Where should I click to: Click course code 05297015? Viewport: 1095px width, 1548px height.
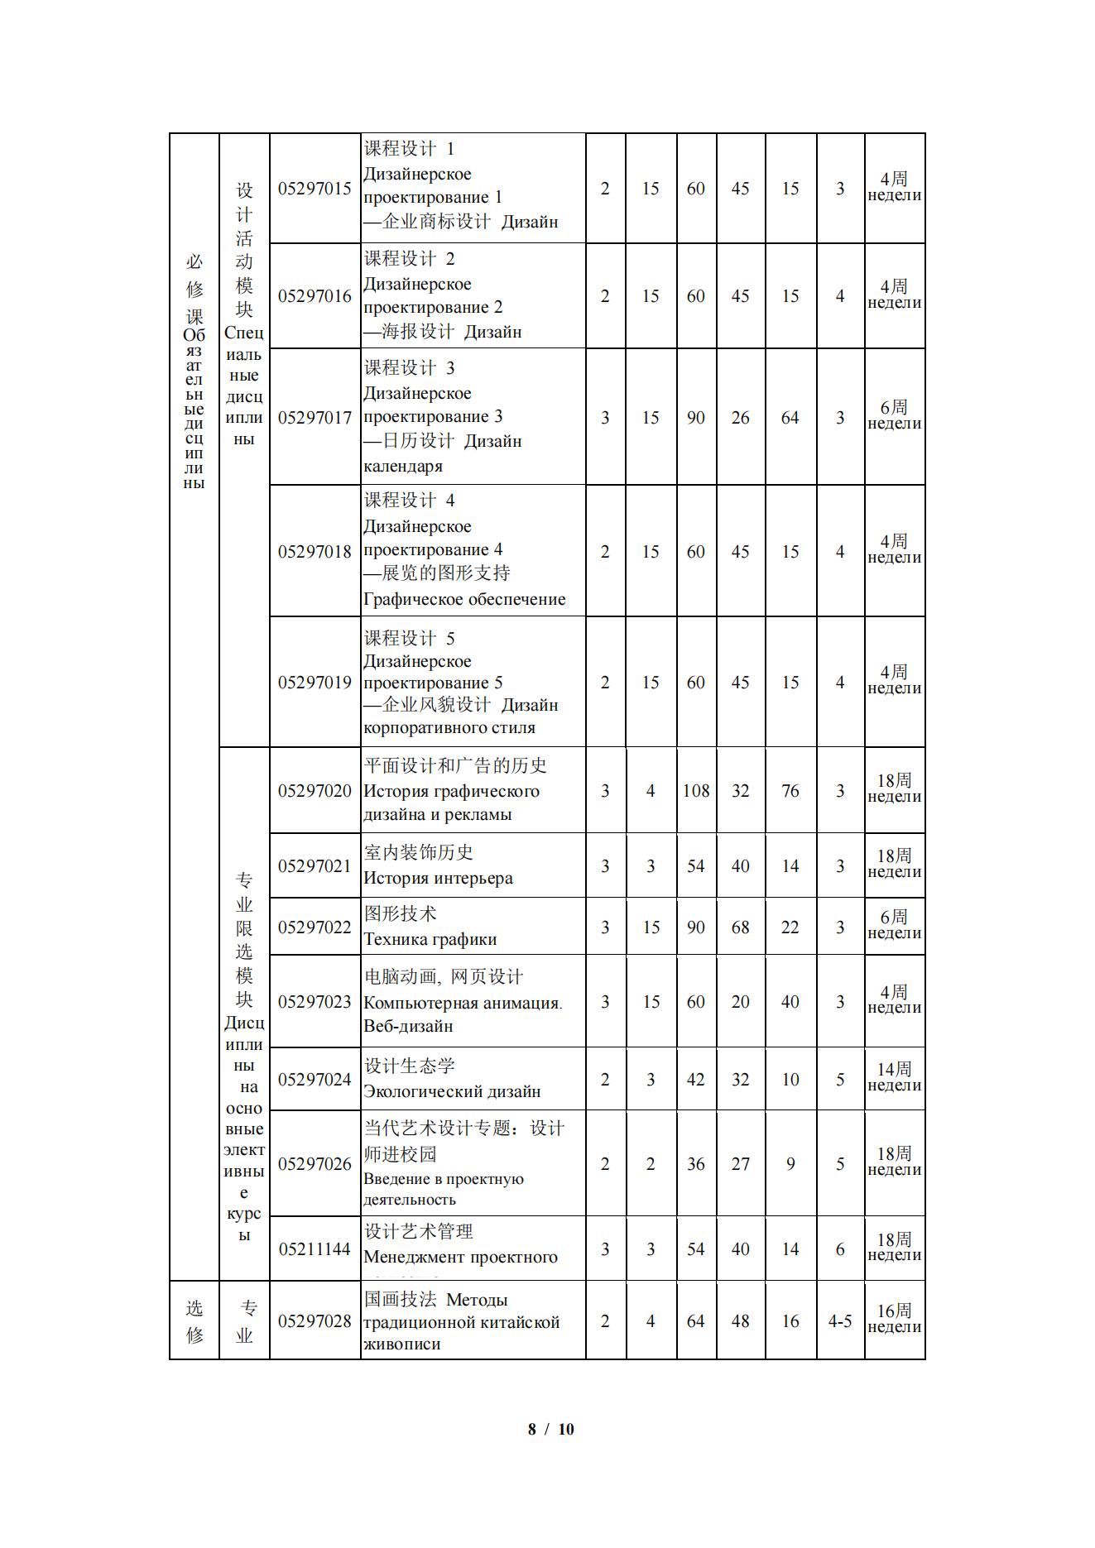point(315,189)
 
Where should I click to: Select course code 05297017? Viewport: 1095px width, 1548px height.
point(315,418)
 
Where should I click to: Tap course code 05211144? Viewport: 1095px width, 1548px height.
point(315,1249)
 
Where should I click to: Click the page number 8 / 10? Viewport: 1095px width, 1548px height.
point(550,1429)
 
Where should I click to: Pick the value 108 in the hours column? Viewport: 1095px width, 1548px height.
point(696,791)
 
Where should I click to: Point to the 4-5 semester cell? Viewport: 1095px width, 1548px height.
point(840,1321)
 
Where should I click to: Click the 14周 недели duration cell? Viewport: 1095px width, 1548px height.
point(894,1078)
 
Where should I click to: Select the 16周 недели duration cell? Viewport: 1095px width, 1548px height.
point(894,1320)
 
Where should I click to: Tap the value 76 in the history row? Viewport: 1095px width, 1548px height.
point(790,791)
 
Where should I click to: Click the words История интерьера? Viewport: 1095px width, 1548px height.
point(438,879)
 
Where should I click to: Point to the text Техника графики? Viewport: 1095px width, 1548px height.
point(430,939)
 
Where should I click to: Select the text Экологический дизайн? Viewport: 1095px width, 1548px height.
point(452,1091)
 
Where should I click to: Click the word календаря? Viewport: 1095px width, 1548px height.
point(403,466)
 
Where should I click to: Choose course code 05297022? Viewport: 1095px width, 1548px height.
point(315,927)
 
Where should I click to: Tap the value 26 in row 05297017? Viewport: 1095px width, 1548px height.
point(740,418)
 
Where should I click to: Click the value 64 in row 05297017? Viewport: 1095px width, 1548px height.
point(790,418)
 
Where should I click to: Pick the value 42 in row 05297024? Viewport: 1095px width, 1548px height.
point(696,1080)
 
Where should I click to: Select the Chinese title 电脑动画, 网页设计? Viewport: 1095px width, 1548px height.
point(444,977)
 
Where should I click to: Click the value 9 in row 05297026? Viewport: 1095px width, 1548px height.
point(790,1164)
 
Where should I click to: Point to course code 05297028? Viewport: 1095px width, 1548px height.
point(315,1321)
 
